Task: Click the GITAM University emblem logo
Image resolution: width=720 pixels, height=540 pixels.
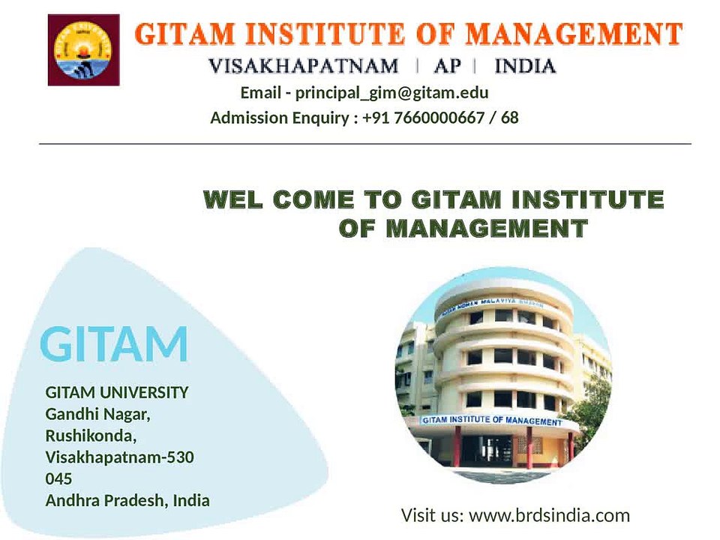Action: pos(83,49)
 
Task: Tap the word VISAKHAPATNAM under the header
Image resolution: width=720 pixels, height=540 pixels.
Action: pos(304,66)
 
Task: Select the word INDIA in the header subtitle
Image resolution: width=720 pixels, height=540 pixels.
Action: pos(525,66)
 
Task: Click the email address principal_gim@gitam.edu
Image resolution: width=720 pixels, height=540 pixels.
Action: pos(391,93)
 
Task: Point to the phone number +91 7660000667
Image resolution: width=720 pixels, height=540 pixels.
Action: pos(423,118)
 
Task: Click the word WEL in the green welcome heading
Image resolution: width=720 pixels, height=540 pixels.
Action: pos(233,199)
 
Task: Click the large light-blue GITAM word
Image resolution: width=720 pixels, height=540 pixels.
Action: pos(114,344)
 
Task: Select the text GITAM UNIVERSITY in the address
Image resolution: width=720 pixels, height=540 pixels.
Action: pos(117,392)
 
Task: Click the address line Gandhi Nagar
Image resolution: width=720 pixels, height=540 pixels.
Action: pos(97,414)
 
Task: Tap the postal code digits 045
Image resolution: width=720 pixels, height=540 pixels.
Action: pos(58,478)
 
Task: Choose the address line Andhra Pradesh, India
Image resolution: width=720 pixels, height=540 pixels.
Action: pos(127,500)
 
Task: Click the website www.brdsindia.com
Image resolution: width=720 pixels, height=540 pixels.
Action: pos(549,515)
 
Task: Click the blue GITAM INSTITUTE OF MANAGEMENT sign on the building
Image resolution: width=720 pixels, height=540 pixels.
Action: pos(492,420)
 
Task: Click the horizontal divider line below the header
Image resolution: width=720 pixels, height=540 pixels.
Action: pos(365,144)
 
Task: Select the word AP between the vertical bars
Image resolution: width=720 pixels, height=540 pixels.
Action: pos(447,66)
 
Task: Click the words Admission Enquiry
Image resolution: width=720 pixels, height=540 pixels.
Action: pos(280,118)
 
